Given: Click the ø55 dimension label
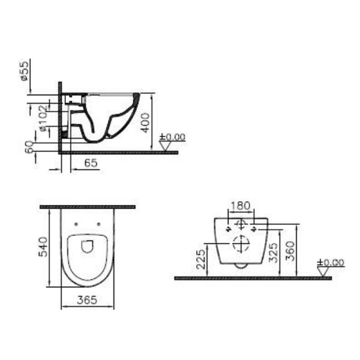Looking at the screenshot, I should coord(25,70).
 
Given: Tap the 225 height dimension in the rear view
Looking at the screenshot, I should coord(201,259).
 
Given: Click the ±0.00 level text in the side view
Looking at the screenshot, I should coord(173,137).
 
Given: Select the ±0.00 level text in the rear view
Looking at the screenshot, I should coord(331,262).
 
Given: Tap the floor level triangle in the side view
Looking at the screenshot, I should coord(166,145).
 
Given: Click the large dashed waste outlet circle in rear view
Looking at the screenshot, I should coord(239,244).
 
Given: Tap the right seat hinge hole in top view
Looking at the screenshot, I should coord(98,225).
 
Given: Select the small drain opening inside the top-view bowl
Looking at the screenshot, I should coord(87,246).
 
